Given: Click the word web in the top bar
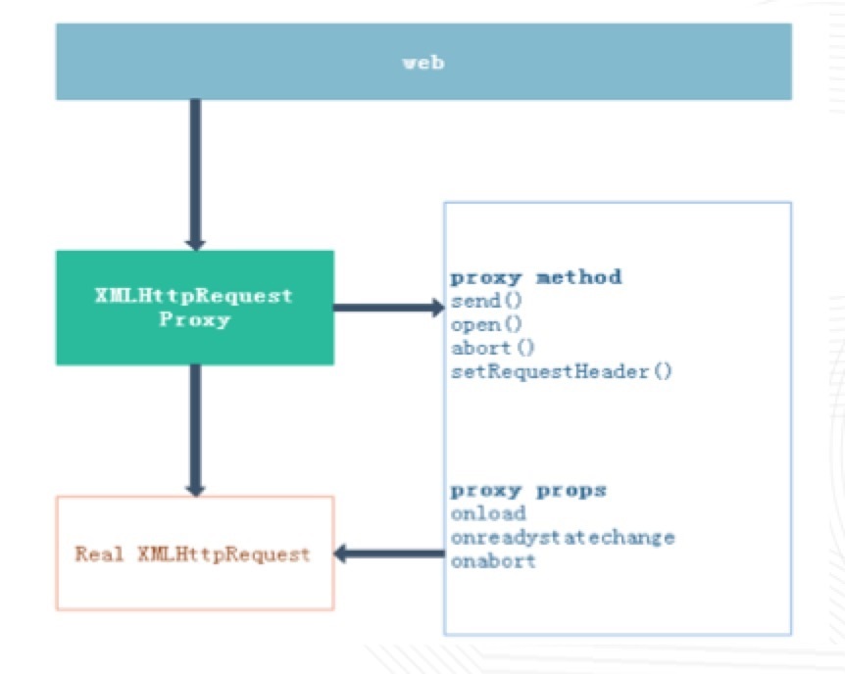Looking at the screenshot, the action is pyautogui.click(x=423, y=63).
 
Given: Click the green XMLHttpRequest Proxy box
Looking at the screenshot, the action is pyautogui.click(x=195, y=308).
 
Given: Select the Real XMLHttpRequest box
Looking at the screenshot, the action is pyautogui.click(x=195, y=554).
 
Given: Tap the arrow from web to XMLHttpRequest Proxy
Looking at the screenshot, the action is pyautogui.click(x=196, y=174).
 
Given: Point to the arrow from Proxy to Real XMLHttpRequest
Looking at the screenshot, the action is pyautogui.click(x=196, y=430).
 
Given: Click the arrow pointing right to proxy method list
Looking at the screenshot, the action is pyautogui.click(x=389, y=308).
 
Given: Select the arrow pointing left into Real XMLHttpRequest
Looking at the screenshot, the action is pyautogui.click(x=389, y=554).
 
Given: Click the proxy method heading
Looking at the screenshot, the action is pyautogui.click(x=536, y=277).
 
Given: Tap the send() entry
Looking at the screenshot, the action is pyautogui.click(x=486, y=301).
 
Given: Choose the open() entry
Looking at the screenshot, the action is pyautogui.click(x=486, y=324).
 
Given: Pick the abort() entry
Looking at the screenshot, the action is pyautogui.click(x=492, y=348).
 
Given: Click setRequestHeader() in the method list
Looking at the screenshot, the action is pyautogui.click(x=562, y=371).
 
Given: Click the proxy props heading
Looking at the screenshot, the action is pyautogui.click(x=528, y=491).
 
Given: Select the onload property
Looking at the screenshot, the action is pyautogui.click(x=488, y=513).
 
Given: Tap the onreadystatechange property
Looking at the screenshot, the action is pyautogui.click(x=563, y=538).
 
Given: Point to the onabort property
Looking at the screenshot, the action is pyautogui.click(x=493, y=561).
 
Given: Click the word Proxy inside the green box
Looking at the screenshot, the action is pyautogui.click(x=195, y=320).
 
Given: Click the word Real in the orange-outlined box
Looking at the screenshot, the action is pyautogui.click(x=99, y=554).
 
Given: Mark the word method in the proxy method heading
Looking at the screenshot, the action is pyautogui.click(x=578, y=277).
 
